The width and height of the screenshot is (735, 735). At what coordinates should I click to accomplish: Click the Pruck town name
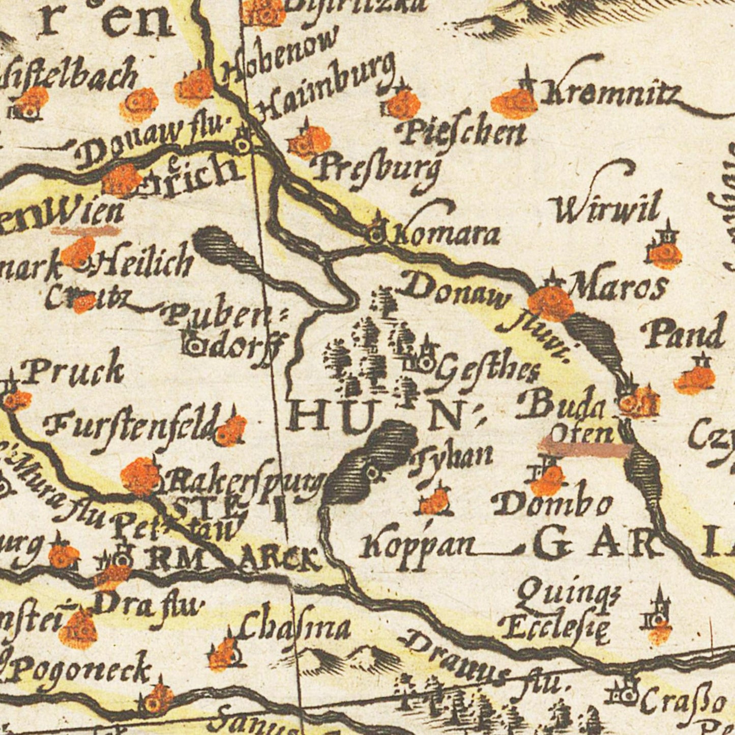[74, 370]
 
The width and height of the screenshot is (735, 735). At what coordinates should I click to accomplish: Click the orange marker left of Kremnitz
[514, 103]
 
